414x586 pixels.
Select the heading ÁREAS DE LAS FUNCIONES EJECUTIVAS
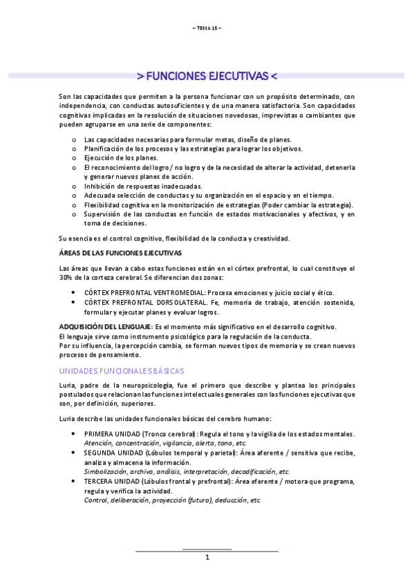coord(121,253)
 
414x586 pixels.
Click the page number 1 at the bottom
coord(207,558)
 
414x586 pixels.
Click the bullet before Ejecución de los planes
coord(74,157)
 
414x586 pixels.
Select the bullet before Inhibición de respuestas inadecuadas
coord(74,186)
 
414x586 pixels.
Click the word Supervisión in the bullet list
coord(102,214)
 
